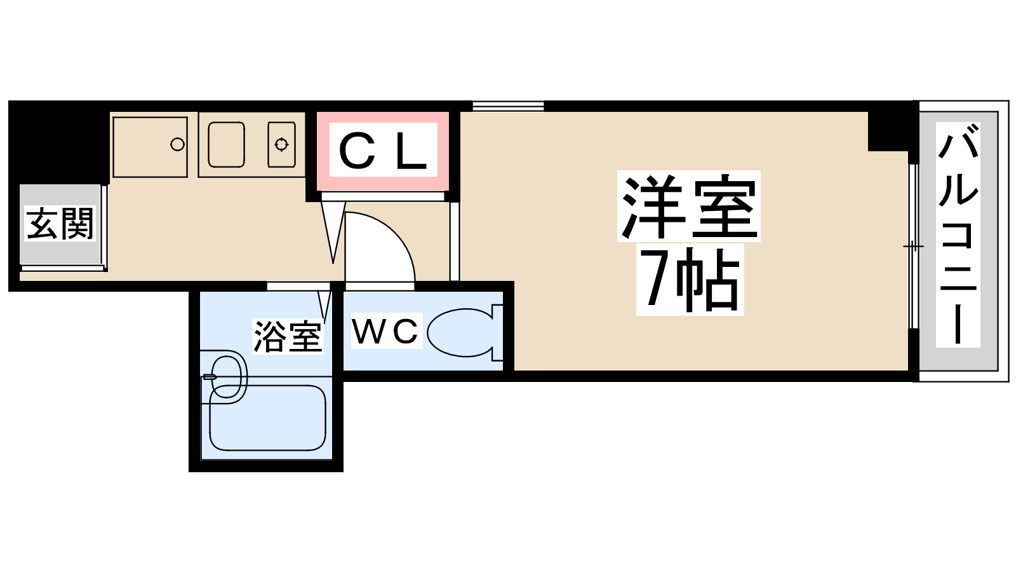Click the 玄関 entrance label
[x=60, y=224]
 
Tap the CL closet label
[x=383, y=151]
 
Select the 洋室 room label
[x=688, y=206]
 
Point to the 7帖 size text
[x=690, y=279]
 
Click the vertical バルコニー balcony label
[x=958, y=235]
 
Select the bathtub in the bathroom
[x=267, y=418]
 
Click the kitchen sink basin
[x=226, y=144]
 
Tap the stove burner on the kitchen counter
[x=281, y=144]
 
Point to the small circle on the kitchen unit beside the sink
[x=177, y=145]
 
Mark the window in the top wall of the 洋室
[x=508, y=106]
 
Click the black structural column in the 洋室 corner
[x=889, y=132]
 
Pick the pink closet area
[x=383, y=151]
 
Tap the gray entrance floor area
[x=60, y=224]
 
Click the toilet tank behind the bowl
[x=498, y=333]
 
